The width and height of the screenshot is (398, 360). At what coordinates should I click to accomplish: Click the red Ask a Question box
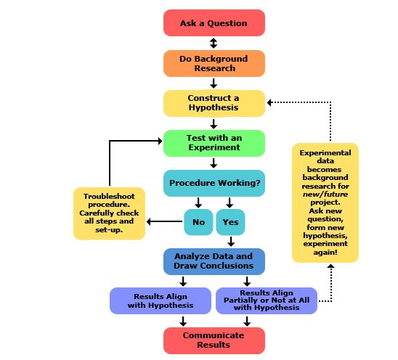tap(214, 23)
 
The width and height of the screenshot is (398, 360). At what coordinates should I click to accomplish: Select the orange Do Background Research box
tap(214, 63)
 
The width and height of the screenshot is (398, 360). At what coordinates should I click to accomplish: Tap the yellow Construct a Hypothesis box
tap(214, 102)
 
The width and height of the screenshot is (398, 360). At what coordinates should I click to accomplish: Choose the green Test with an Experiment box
tap(214, 142)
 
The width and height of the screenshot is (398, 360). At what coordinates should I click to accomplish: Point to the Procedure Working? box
tap(214, 183)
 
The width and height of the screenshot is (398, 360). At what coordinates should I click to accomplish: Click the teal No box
tap(198, 221)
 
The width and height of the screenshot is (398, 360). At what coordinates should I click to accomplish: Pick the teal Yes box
tap(230, 221)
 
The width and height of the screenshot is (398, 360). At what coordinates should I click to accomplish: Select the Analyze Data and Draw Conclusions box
tap(214, 261)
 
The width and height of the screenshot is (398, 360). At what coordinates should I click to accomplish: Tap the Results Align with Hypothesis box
tap(160, 301)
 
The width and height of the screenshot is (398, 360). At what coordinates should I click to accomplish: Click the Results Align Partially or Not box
tap(267, 301)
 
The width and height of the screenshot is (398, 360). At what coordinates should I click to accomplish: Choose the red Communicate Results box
tap(214, 340)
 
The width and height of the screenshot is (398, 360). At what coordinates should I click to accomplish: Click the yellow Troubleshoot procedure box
tap(109, 213)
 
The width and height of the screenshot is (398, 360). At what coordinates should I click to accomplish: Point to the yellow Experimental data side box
tap(325, 202)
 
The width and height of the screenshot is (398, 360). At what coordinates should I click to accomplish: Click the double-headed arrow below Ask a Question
tap(214, 43)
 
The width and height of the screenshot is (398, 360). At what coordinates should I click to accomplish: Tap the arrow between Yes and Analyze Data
tap(230, 242)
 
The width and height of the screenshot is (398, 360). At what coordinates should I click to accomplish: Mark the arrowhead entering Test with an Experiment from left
tap(159, 141)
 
